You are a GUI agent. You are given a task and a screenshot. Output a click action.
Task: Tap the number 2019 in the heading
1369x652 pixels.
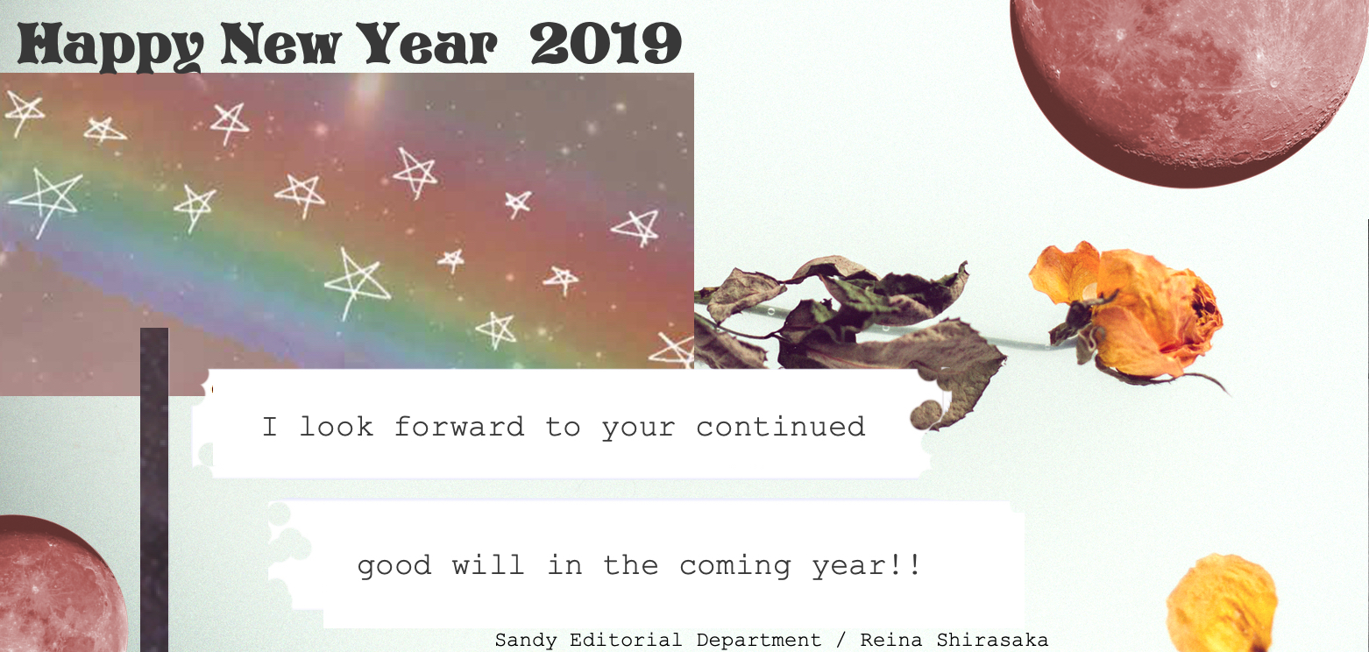[x=606, y=43]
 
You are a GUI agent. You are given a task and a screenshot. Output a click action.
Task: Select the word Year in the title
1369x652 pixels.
[x=427, y=43]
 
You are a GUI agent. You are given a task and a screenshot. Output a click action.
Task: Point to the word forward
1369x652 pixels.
[x=459, y=427]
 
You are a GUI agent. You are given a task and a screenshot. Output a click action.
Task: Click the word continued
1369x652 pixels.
[x=780, y=427]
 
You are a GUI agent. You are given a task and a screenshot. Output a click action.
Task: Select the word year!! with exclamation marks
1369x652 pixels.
[x=865, y=566]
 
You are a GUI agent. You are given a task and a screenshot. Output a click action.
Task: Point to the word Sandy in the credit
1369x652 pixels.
[x=526, y=641]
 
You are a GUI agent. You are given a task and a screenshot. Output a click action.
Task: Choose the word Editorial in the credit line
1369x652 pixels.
[x=626, y=640]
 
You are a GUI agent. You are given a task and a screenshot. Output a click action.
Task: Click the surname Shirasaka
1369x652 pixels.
[x=992, y=640]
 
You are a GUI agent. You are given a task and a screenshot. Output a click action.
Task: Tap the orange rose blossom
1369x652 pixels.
[x=1131, y=312]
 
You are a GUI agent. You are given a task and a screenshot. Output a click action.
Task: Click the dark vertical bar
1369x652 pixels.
[x=154, y=490]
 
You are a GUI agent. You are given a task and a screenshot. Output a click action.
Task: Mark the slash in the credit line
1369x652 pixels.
[x=841, y=640]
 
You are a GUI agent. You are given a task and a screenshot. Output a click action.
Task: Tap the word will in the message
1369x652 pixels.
[x=487, y=564]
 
